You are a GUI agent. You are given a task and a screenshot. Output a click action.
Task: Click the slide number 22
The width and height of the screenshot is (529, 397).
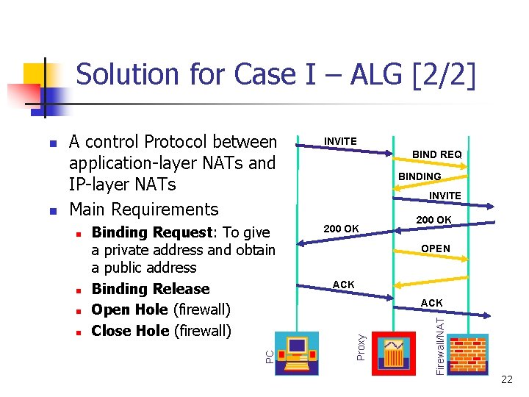click(x=506, y=379)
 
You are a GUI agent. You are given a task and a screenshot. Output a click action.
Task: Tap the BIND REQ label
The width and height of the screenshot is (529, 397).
click(x=436, y=154)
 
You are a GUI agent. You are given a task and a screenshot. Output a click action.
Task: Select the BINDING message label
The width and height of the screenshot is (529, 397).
click(x=420, y=176)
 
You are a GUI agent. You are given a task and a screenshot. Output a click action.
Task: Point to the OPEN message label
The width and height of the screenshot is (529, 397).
click(x=436, y=248)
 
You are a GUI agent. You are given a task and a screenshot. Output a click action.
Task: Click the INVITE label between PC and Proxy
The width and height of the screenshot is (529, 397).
click(x=340, y=141)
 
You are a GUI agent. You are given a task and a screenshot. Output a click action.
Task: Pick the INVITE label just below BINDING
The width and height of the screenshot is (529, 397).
click(x=445, y=196)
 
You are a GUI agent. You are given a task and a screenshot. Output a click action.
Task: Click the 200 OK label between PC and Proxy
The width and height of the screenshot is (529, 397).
click(x=342, y=229)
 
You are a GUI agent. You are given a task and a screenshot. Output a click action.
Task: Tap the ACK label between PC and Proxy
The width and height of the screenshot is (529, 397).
click(x=343, y=285)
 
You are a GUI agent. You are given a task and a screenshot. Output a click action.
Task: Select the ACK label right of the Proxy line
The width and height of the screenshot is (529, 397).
click(x=431, y=303)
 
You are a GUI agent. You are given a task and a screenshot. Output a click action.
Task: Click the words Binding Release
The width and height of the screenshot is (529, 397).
click(x=151, y=289)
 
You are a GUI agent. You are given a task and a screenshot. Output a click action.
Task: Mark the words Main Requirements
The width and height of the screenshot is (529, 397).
click(x=143, y=210)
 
